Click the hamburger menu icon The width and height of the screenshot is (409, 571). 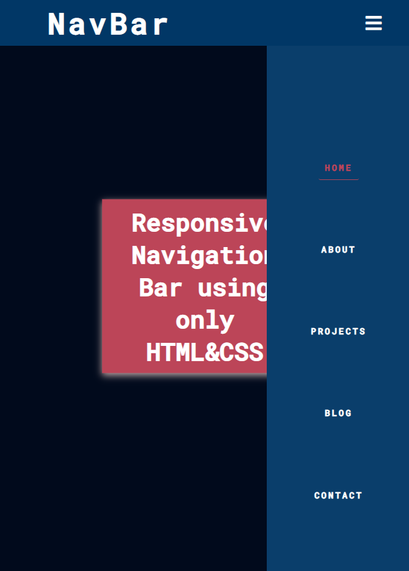coord(374,23)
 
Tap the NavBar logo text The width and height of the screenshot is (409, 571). coord(108,25)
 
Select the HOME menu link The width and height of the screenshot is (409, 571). coord(338,168)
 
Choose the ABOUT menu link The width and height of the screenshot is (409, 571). coord(338,250)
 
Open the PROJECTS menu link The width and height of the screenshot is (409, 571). coord(338,331)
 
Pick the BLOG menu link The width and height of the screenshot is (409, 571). coord(338,413)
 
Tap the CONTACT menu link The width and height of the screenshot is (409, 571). coord(338,495)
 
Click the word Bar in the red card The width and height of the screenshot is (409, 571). coord(161,287)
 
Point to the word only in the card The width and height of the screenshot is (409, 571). coord(205,320)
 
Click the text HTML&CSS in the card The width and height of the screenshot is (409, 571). coord(204,352)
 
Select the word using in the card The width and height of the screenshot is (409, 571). coord(233,287)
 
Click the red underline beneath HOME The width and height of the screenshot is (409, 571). coord(339,179)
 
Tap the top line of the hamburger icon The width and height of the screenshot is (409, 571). coord(374,18)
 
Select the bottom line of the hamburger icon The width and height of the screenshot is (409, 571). coord(374,29)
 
